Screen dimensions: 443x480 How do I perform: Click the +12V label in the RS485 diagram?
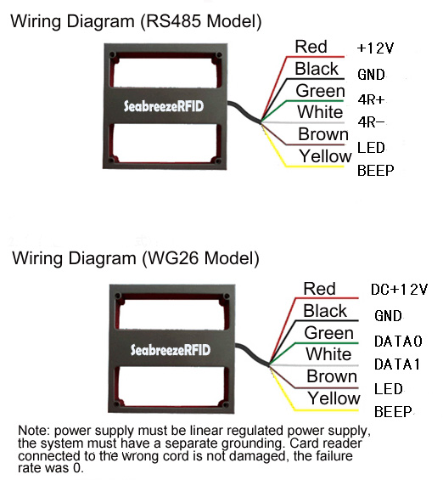tap(375, 48)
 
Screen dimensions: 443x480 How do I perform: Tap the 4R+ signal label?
tap(371, 99)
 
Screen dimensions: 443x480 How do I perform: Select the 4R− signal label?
tap(371, 122)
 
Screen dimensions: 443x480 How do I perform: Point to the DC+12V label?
tap(399, 290)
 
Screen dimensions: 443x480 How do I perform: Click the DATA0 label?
tap(398, 341)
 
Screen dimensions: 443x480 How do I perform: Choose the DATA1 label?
tap(397, 364)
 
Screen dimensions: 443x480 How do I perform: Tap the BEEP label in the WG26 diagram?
tap(393, 412)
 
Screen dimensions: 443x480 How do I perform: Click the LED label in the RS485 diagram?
tap(371, 148)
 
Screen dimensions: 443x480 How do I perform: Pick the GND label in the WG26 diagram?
tap(388, 316)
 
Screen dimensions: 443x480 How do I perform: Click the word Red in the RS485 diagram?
tap(311, 47)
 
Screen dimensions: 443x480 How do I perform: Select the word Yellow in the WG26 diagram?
tap(334, 398)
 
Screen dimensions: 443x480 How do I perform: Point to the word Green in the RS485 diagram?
tap(320, 91)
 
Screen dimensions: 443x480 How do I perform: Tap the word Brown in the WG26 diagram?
tap(332, 376)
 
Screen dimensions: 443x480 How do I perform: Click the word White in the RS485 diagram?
tap(320, 112)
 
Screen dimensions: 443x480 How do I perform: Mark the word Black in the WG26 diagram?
tap(325, 311)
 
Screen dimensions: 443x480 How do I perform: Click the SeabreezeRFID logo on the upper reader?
tap(164, 106)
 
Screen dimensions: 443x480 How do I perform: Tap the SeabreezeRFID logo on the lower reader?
tap(171, 350)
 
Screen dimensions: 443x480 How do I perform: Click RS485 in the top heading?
tap(174, 21)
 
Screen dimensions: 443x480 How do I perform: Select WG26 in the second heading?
tap(174, 258)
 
